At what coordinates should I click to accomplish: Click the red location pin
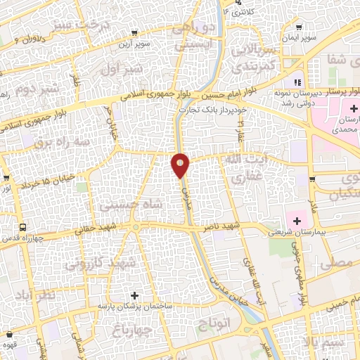coord(181,165)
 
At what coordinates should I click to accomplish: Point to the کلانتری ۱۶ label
coord(236,11)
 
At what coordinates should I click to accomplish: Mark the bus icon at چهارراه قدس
coord(23,227)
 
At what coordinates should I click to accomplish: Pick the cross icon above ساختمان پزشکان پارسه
coord(134,293)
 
